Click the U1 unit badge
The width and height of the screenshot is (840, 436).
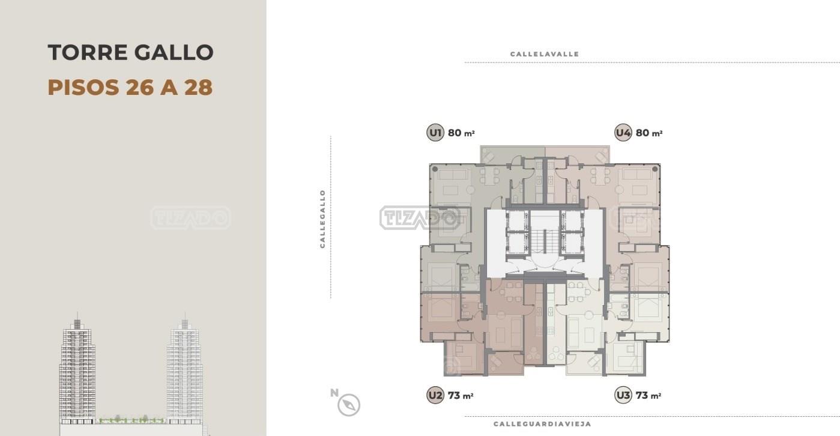click(x=435, y=133)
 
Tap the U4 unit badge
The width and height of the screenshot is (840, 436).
click(x=623, y=133)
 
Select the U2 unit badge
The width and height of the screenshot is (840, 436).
click(x=435, y=395)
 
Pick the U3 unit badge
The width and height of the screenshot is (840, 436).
click(x=623, y=395)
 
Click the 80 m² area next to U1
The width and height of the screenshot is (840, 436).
click(x=461, y=133)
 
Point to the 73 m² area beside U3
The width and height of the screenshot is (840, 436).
click(x=648, y=396)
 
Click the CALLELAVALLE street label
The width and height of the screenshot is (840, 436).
click(x=545, y=54)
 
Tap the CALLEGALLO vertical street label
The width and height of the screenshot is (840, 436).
click(x=322, y=219)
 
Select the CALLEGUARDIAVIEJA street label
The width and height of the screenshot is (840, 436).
click(x=542, y=424)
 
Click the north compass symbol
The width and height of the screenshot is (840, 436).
click(x=349, y=405)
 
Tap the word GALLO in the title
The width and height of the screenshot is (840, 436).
click(x=174, y=52)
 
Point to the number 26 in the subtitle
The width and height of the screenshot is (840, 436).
click(x=140, y=87)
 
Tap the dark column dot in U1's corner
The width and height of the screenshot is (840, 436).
click(x=435, y=169)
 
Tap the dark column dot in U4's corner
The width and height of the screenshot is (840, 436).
click(x=655, y=169)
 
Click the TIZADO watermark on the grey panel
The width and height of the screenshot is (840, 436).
click(x=191, y=217)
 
